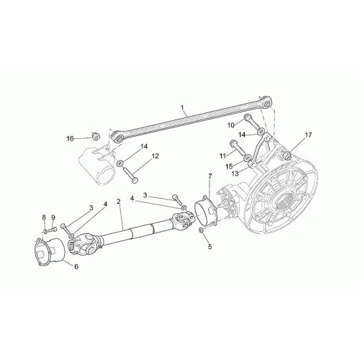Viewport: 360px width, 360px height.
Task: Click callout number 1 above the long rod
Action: point(182,108)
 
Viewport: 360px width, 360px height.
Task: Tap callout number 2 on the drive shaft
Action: point(118,201)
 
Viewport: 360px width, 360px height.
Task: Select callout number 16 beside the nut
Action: point(70,139)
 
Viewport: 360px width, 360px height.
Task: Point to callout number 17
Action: point(308,135)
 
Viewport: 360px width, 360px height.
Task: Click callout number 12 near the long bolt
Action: point(155,156)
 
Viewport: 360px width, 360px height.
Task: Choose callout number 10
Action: point(230,125)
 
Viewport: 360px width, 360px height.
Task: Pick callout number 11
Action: point(222,156)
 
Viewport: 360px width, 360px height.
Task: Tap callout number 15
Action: point(229,166)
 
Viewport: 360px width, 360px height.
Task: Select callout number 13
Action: point(235,174)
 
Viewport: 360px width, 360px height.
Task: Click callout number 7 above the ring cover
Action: point(210,176)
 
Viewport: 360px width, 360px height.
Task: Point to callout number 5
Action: point(210,246)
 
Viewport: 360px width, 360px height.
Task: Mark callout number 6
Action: point(76,266)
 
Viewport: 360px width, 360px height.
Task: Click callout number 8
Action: point(44,217)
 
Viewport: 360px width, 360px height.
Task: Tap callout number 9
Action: point(53,217)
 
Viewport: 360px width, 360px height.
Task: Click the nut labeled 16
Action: point(96,136)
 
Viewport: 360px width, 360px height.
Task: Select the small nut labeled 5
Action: point(202,230)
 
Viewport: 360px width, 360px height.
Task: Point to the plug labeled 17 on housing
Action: point(287,156)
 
